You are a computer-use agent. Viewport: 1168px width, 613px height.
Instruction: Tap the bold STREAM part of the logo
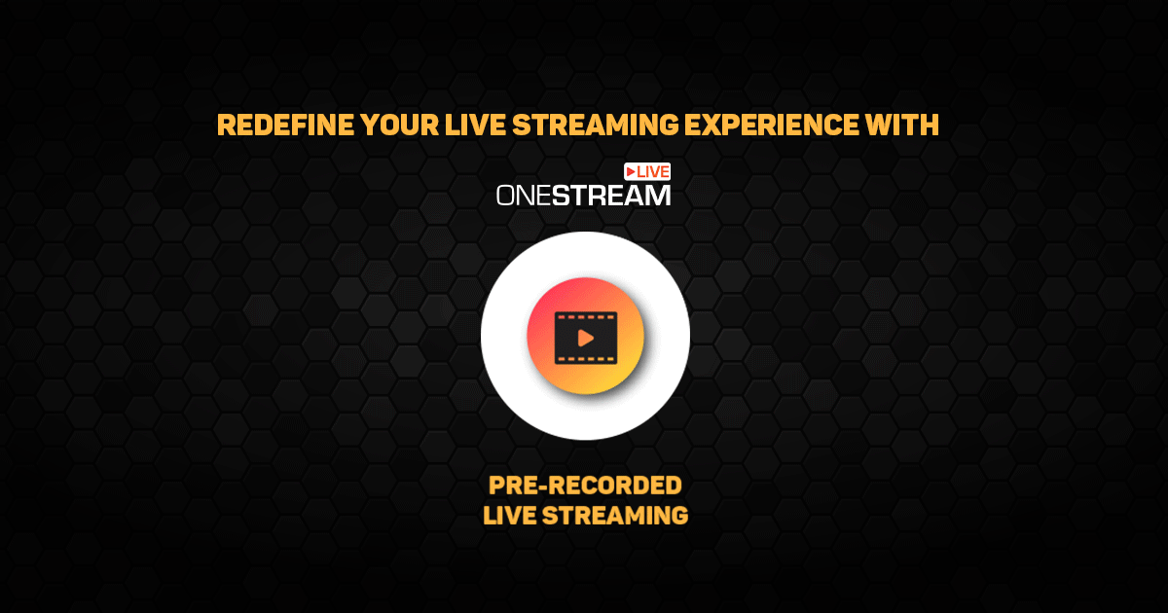(612, 196)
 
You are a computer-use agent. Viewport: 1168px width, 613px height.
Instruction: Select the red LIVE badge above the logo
(647, 171)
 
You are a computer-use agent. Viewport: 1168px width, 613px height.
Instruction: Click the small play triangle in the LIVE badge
(631, 171)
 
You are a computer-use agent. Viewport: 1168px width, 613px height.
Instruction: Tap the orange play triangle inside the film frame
(585, 338)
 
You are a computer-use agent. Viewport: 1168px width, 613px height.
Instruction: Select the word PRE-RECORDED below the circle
(585, 486)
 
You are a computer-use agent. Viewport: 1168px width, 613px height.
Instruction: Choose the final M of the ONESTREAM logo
(658, 196)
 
